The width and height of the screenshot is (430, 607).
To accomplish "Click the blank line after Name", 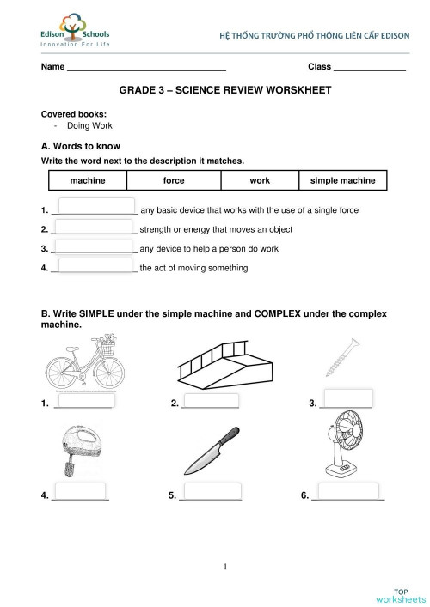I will click(x=146, y=67).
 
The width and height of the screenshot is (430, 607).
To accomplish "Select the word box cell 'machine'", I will click(x=87, y=180).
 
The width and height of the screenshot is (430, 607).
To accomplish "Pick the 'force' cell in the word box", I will click(x=174, y=180).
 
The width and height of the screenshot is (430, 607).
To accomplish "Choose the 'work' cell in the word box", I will click(x=260, y=180).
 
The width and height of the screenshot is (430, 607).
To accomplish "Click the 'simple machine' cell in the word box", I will click(x=342, y=180).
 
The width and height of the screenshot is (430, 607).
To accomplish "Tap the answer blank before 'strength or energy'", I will click(x=94, y=228).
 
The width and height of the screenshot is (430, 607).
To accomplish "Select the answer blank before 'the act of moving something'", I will click(x=94, y=267).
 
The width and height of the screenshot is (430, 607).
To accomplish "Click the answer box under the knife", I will click(x=210, y=494).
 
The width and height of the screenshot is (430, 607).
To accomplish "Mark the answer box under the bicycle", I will click(x=83, y=400).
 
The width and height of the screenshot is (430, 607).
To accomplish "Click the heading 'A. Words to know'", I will click(x=81, y=146).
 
